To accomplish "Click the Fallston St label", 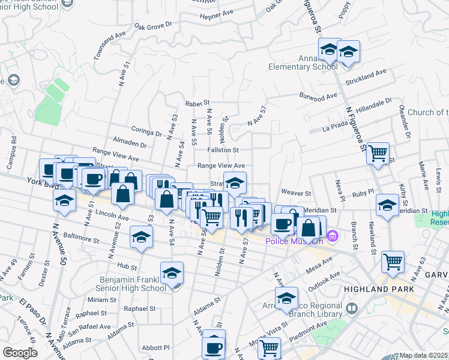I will pyautogui.click(x=223, y=150).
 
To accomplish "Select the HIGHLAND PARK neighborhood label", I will pyautogui.click(x=379, y=289).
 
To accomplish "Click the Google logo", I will pyautogui.click(x=20, y=353).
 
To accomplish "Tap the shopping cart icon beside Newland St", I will pyautogui.click(x=393, y=262).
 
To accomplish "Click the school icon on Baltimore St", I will pyautogui.click(x=141, y=238).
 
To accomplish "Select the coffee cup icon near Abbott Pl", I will pyautogui.click(x=214, y=347).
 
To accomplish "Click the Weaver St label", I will pyautogui.click(x=298, y=194).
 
